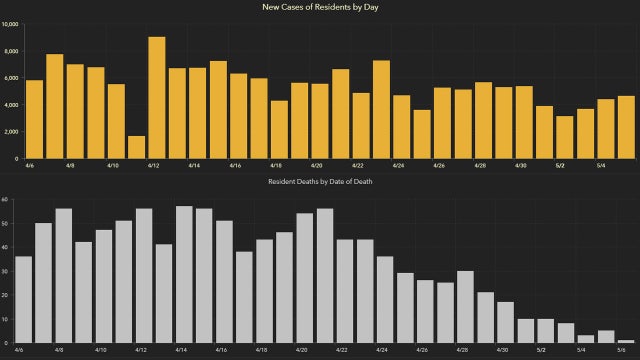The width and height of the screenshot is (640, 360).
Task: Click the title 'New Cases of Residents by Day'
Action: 320,7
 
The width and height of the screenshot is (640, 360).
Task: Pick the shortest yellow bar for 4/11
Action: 137,147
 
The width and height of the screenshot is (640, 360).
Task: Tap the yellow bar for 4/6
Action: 34,119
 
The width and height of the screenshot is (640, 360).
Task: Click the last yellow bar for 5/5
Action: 626,127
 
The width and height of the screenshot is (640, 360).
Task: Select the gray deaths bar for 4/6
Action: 24,299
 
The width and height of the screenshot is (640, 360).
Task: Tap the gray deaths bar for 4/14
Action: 184,274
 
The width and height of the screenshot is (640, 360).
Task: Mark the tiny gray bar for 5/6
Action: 626,341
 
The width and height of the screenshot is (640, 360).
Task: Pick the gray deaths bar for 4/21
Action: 325,275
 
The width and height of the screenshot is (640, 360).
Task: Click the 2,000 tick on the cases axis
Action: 12,131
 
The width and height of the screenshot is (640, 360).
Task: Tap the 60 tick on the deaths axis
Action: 5,199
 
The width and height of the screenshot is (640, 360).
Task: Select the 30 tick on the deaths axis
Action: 5,271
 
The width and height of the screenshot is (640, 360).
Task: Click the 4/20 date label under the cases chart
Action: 316,165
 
